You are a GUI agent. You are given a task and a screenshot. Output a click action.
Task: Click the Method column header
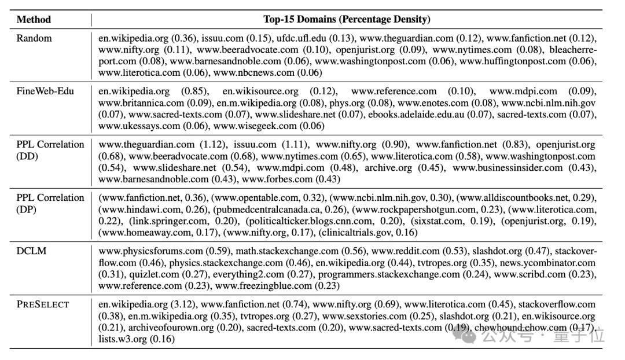click(x=34, y=19)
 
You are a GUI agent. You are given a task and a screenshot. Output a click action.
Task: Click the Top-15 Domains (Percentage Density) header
click(x=347, y=19)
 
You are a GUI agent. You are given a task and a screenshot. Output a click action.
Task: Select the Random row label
click(x=34, y=38)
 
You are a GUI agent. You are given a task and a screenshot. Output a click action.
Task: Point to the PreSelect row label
click(x=43, y=304)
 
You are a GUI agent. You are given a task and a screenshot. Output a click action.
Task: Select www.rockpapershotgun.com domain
click(x=414, y=210)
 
